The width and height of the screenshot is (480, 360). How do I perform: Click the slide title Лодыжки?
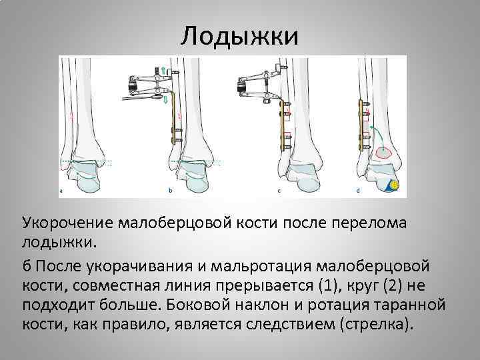coord(239,35)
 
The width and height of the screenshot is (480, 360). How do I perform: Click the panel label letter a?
coord(61,191)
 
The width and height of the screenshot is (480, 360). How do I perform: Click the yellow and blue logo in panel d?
coord(395,185)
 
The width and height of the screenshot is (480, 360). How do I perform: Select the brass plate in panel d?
coord(365,124)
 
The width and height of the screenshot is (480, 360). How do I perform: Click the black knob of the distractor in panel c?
coord(241,85)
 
